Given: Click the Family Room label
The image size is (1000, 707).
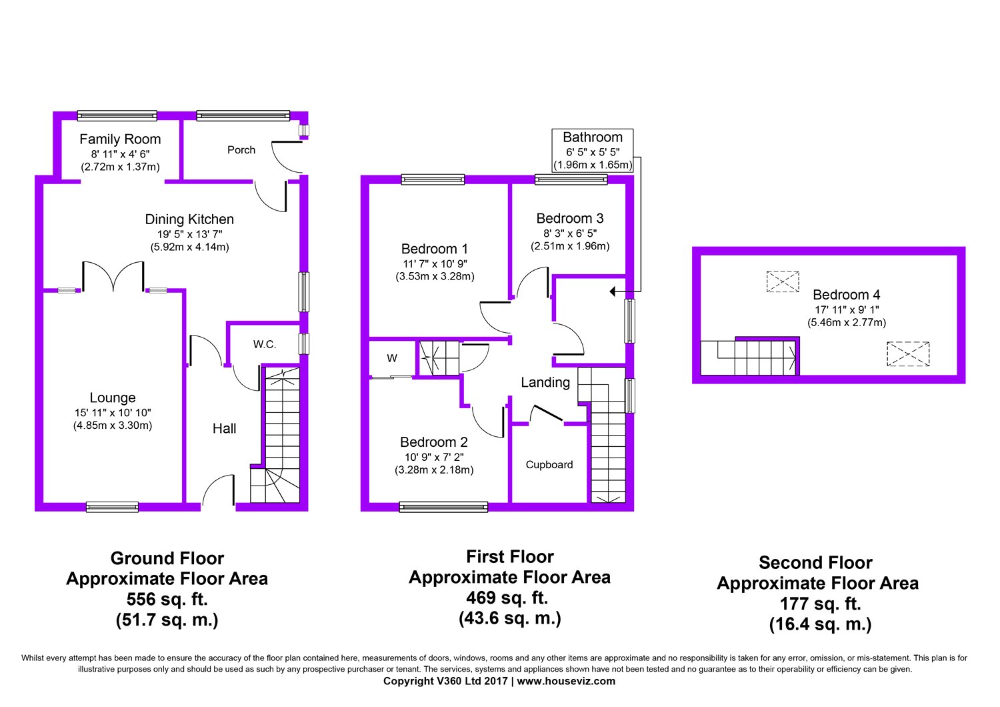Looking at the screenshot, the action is [x=120, y=139].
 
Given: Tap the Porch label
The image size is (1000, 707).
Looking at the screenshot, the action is [x=241, y=150].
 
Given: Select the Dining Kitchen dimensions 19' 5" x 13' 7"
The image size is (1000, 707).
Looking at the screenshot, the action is [x=190, y=234].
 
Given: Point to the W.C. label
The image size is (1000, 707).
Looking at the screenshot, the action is [x=265, y=344].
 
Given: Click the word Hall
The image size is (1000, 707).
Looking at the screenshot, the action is [x=224, y=429].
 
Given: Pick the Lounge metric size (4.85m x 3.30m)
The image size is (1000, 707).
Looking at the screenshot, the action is [x=113, y=426].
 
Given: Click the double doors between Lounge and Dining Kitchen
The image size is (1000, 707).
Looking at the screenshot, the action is [x=113, y=276].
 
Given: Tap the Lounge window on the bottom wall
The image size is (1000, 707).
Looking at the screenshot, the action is [x=112, y=507].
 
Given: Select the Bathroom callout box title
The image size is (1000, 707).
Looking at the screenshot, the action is [x=593, y=137].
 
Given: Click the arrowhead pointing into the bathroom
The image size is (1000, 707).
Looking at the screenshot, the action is [x=613, y=291].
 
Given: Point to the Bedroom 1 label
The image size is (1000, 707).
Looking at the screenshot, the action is [x=435, y=249].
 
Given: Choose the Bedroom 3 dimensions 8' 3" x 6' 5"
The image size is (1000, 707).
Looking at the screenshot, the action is [x=570, y=233].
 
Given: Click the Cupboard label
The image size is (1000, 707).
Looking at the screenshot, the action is [x=549, y=464].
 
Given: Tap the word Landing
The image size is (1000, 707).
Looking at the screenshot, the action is [x=545, y=382].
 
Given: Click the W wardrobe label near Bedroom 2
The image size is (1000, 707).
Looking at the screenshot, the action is [x=392, y=358].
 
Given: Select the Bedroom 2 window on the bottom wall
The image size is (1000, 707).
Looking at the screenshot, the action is [x=443, y=507].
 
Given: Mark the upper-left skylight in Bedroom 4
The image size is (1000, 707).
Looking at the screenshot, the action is [x=783, y=281].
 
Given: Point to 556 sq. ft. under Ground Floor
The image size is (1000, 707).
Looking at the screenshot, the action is [x=167, y=600].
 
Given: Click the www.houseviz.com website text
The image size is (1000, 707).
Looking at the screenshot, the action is [x=566, y=681].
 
